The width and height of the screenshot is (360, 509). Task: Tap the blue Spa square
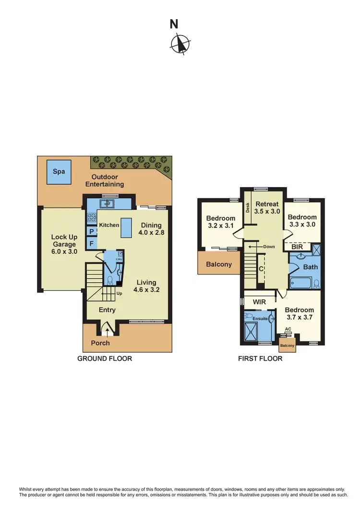point(56,172)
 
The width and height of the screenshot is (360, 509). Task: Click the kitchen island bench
point(126,227)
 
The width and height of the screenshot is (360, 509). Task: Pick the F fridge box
point(91,244)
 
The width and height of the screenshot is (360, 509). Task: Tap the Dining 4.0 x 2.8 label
point(151,229)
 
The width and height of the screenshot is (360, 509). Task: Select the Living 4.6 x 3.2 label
point(146,286)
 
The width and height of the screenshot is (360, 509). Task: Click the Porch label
point(100,343)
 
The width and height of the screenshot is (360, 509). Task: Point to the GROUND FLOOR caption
point(105,358)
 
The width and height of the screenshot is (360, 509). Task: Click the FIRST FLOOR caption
point(260,358)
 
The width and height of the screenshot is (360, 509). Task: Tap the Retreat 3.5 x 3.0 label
point(266,207)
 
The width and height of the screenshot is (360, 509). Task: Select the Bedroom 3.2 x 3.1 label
point(221,222)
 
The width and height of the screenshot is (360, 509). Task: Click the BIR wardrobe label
point(297,247)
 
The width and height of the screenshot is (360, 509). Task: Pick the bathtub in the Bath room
point(302,282)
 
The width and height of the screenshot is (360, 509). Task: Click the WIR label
point(259,303)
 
